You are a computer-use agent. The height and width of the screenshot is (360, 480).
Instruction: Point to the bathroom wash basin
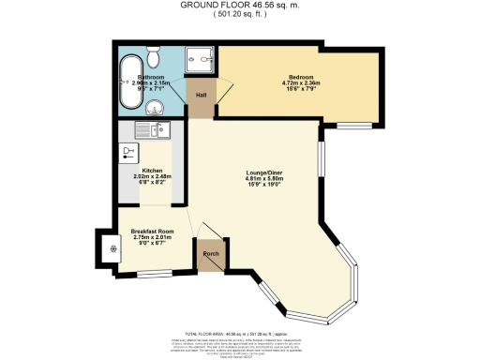pos(157,104)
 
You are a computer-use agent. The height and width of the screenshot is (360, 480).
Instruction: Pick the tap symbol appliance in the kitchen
pos(127,151)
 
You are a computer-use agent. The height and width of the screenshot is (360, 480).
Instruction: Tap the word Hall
pos(201,95)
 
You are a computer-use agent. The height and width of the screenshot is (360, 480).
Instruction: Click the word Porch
pos(210,253)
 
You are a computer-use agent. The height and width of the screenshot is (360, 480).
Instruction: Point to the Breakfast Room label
pos(151,231)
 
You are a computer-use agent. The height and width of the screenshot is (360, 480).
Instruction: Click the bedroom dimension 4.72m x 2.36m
pos(301,83)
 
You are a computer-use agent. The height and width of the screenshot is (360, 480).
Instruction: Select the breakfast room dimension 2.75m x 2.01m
pos(151,237)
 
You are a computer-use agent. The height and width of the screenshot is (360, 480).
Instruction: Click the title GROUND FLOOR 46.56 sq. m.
pos(239,5)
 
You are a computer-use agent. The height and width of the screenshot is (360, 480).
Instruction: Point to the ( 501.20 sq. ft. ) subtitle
pos(239,14)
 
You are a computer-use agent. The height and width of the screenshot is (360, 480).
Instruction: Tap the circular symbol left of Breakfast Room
pos(112,248)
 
